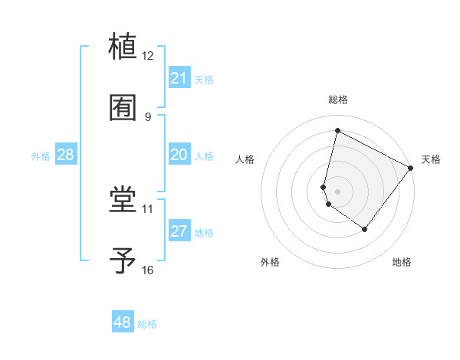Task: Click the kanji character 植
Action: point(123,45)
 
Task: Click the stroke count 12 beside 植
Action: point(148,55)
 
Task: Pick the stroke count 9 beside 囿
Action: point(148,116)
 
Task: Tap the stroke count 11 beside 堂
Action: point(148,208)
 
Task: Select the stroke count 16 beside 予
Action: point(148,270)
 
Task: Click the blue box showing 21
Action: point(179,78)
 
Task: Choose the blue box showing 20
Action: point(179,155)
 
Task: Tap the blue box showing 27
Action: point(179,231)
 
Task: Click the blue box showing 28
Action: point(66,155)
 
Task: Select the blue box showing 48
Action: point(123,322)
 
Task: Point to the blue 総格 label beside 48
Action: point(147,324)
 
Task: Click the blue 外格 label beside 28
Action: point(41,156)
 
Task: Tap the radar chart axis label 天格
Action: point(431,159)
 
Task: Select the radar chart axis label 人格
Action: point(245,159)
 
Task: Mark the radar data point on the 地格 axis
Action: point(365,229)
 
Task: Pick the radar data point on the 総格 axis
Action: point(337,130)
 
